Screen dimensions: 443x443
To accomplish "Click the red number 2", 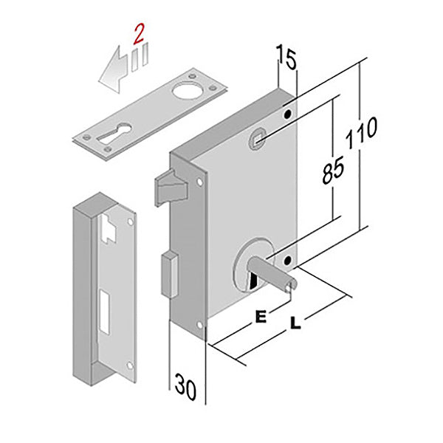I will pos(137,32).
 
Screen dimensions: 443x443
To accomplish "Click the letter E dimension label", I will pos(259,316).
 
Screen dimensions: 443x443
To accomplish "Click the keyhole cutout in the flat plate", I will pos(121,135).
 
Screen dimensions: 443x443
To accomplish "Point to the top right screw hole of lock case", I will pos(286,114).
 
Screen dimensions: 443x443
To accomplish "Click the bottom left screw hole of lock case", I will pos(202,326).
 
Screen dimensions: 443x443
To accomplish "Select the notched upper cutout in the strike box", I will pos(108,228).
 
